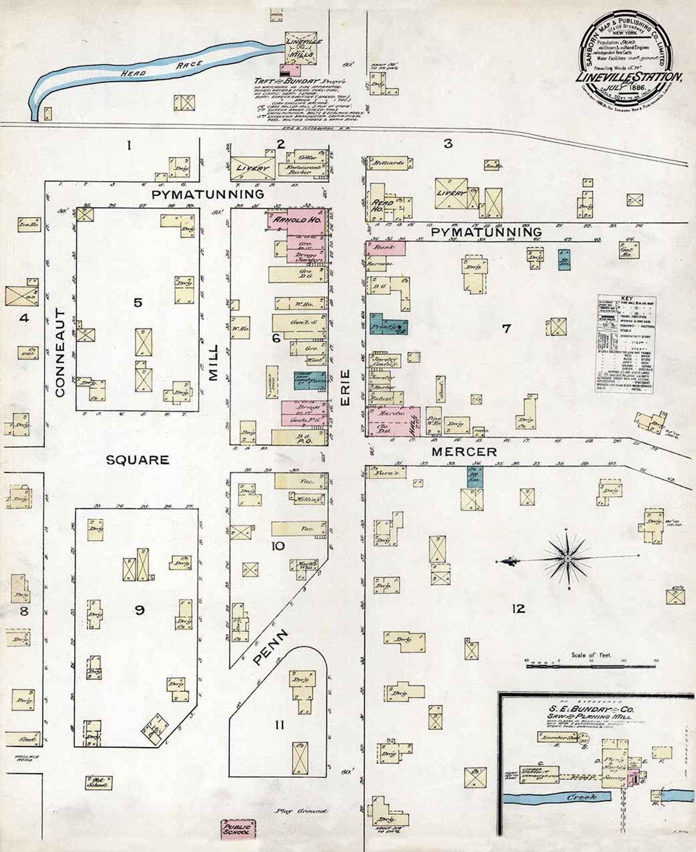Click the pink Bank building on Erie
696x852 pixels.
(385, 248)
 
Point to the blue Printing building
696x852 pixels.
(387, 325)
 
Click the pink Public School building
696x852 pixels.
(238, 829)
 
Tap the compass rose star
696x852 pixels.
(567, 558)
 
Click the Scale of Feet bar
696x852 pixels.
(590, 666)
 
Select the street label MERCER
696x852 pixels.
(464, 452)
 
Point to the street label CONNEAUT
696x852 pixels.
(60, 352)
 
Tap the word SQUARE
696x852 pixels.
(137, 460)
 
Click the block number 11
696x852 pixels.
(280, 725)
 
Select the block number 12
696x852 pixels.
(518, 609)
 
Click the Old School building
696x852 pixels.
(99, 783)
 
